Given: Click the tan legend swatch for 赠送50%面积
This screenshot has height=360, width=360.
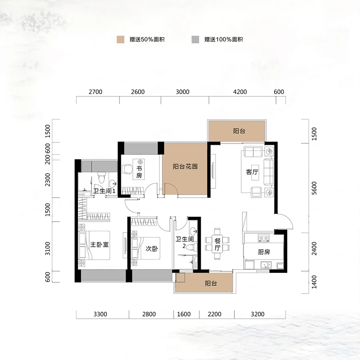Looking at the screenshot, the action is coord(120,40).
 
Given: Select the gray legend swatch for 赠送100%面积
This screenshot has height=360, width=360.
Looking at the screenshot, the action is coord(195,40).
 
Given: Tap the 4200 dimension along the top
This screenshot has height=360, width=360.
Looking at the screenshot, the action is coord(240,92).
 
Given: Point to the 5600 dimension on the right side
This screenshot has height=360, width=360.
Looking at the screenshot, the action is coord(314,188).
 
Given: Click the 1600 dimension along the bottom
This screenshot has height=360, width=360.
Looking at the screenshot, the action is coord(184,314).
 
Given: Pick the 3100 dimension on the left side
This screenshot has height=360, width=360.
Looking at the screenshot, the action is coord(48,248).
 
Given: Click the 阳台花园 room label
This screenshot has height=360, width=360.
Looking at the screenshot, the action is coord(185,166).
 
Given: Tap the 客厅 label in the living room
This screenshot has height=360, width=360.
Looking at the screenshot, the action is coord(252,172).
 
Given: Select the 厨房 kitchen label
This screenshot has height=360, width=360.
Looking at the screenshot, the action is coord(264,252).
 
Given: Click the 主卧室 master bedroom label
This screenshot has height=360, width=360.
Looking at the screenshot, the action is coord(100,244).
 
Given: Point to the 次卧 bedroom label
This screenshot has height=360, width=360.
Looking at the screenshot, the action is coord(152,249).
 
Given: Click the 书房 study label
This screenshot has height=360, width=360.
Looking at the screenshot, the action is coord(139,172).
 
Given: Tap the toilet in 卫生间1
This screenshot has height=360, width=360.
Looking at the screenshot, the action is coord(101,178).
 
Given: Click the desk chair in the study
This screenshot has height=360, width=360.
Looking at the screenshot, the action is coord(127,169).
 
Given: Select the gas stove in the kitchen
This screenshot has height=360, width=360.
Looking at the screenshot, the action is coord(264,238).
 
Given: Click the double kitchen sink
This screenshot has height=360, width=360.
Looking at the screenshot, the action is coord(266,265).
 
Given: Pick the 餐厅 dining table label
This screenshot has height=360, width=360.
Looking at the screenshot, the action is coord(218,244).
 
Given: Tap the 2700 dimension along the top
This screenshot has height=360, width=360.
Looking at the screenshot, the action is coord(96,92).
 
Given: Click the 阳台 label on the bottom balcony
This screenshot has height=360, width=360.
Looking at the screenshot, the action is coord(211,283).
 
